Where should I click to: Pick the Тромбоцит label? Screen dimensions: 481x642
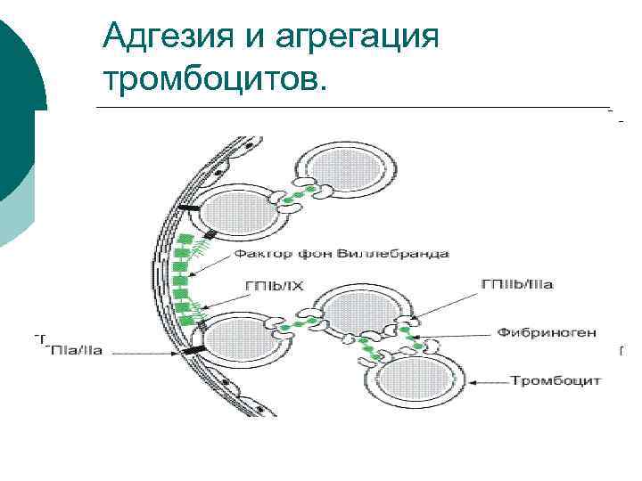click(556, 380)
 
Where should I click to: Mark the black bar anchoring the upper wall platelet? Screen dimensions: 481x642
click(189, 210)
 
